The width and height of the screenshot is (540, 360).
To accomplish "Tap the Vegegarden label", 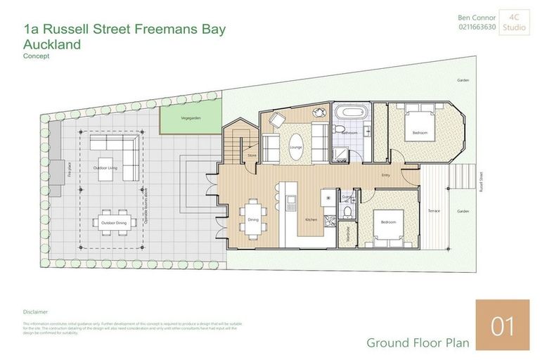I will (191, 118).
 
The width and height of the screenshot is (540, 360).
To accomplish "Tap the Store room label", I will (250, 155).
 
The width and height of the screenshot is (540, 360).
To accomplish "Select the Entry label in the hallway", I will (385, 174).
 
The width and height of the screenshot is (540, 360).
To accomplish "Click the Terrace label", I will (434, 210).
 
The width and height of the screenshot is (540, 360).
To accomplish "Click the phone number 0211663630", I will (477, 27).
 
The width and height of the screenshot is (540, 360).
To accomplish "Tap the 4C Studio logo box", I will (515, 22).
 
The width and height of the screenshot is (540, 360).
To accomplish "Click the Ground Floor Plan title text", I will (418, 342).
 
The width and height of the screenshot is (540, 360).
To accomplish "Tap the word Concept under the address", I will (37, 56).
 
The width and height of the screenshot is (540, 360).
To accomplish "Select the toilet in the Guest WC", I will (347, 211).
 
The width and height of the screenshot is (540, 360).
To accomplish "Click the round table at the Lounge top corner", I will (321, 112).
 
